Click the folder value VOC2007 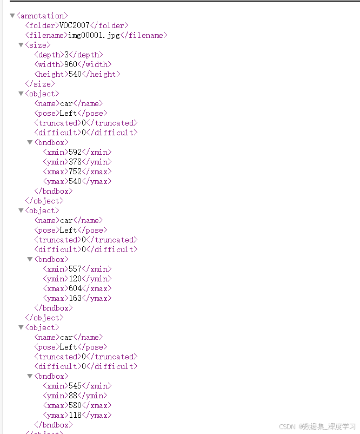[x=75, y=25]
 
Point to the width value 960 [x=71, y=64]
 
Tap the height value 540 [x=75, y=74]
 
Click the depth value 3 [x=66, y=55]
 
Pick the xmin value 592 [x=75, y=152]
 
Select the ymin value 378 [x=75, y=162]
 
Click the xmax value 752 [x=75, y=172]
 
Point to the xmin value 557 [x=75, y=269]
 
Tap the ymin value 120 [x=75, y=279]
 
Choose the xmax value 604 [x=75, y=288]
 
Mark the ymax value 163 [x=75, y=298]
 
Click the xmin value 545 [x=75, y=386]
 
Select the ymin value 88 [x=73, y=396]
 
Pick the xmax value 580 [x=75, y=405]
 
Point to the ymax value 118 [x=75, y=415]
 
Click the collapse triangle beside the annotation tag [x=12, y=16]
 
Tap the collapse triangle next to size [x=21, y=45]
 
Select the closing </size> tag [x=39, y=84]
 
